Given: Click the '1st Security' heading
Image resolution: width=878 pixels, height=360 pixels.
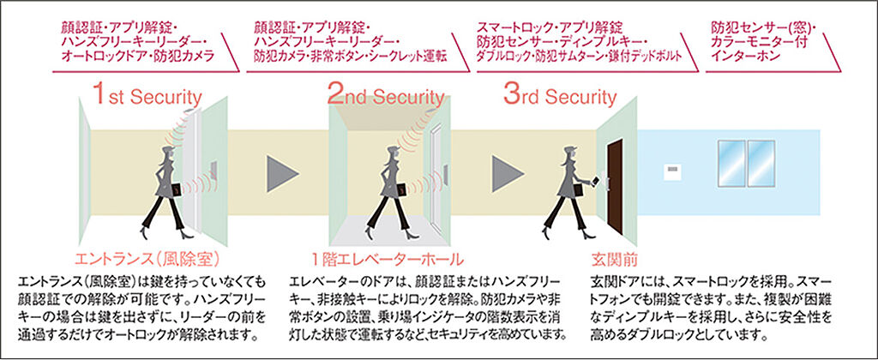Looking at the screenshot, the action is (147, 96).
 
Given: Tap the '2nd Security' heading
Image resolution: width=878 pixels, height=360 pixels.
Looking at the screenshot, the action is (386, 96).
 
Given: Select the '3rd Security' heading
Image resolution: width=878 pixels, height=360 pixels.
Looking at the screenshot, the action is (560, 96).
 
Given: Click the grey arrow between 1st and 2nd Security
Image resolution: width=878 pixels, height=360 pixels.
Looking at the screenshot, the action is (282, 173).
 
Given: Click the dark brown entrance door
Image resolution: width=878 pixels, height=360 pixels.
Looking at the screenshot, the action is (615, 187).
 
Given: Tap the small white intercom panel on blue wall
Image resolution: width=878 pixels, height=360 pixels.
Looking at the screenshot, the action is (672, 172).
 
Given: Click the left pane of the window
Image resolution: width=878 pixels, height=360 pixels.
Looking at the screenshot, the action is (731, 164).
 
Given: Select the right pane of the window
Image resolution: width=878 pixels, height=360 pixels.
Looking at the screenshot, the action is (761, 164).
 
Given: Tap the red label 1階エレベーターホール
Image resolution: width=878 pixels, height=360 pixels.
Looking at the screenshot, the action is (388, 259).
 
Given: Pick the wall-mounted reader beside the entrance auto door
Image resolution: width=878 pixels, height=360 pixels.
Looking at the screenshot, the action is (213, 170).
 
